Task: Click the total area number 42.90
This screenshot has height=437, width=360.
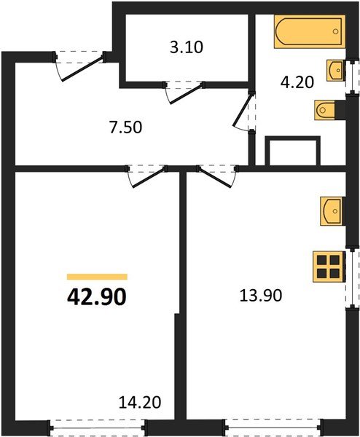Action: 97,297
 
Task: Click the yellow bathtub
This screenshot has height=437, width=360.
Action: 308,33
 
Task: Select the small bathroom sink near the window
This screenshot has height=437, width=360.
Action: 336,71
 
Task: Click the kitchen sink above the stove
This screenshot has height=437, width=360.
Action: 331,211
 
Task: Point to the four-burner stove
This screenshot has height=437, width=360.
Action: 329,266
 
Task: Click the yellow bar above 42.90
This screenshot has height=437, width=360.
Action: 97,277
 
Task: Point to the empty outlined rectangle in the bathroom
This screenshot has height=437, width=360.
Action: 293,152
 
